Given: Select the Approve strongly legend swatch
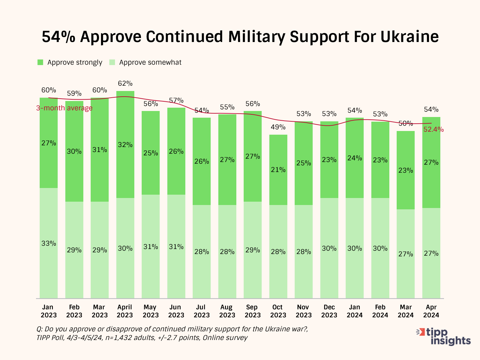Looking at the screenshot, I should point(40,62).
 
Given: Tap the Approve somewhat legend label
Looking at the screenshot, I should point(150,62).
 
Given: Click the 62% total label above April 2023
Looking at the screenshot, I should point(125,83).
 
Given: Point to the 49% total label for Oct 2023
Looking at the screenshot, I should point(278,127).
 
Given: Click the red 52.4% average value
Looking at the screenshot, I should point(433,130).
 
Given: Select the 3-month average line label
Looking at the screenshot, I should point(64,108).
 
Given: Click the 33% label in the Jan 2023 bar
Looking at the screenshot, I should point(49,243).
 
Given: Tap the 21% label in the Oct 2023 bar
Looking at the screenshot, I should point(278,170).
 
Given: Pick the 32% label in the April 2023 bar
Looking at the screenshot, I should point(125,145).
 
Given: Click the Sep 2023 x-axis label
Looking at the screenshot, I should point(252,311).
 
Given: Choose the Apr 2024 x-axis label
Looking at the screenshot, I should point(431,311).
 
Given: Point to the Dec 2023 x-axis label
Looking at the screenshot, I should point(329,311).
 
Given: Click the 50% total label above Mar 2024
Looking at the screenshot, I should point(406,123).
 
